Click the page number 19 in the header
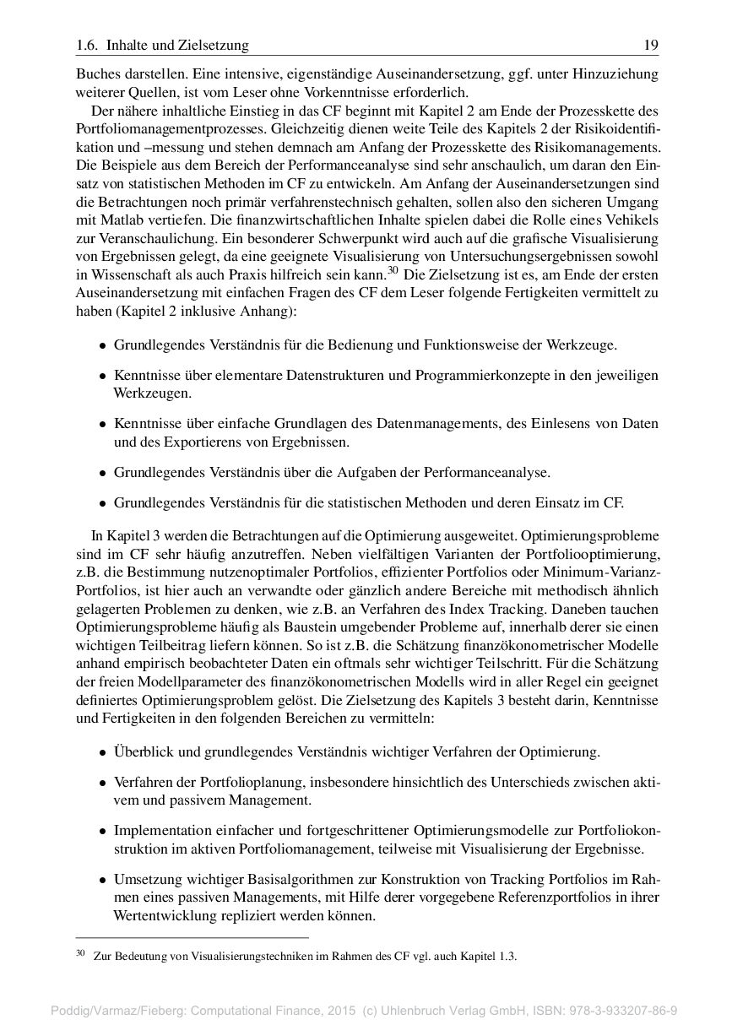[x=651, y=45]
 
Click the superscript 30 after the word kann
[x=392, y=270]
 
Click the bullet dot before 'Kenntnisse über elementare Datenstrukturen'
[x=102, y=376]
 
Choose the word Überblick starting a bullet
[x=143, y=751]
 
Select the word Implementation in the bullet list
[x=158, y=832]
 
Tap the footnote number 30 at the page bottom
[x=81, y=954]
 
